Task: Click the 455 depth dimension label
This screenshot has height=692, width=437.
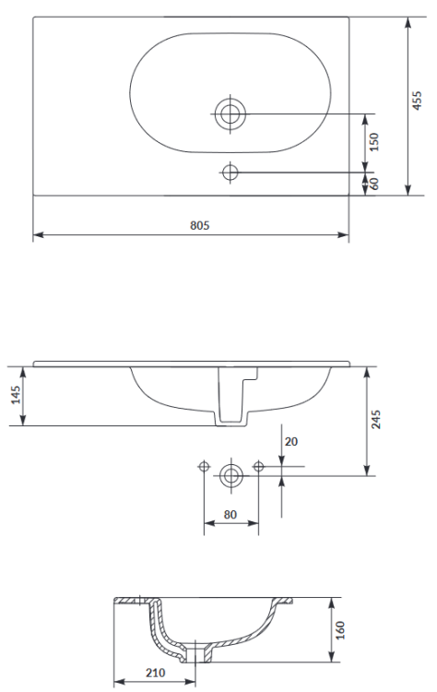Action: click(418, 100)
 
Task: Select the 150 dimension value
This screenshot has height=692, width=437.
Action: click(374, 141)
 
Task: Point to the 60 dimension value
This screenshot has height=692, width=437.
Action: click(374, 183)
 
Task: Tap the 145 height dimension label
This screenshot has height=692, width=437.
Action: click(16, 395)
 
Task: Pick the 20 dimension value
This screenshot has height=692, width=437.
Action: click(291, 442)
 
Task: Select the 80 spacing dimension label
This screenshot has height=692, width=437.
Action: click(230, 515)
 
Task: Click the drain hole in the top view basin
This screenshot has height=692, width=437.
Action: click(230, 113)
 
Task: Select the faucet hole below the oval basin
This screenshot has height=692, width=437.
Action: click(230, 172)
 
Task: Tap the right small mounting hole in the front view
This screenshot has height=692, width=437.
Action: click(258, 466)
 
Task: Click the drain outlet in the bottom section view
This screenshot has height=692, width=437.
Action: click(198, 656)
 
